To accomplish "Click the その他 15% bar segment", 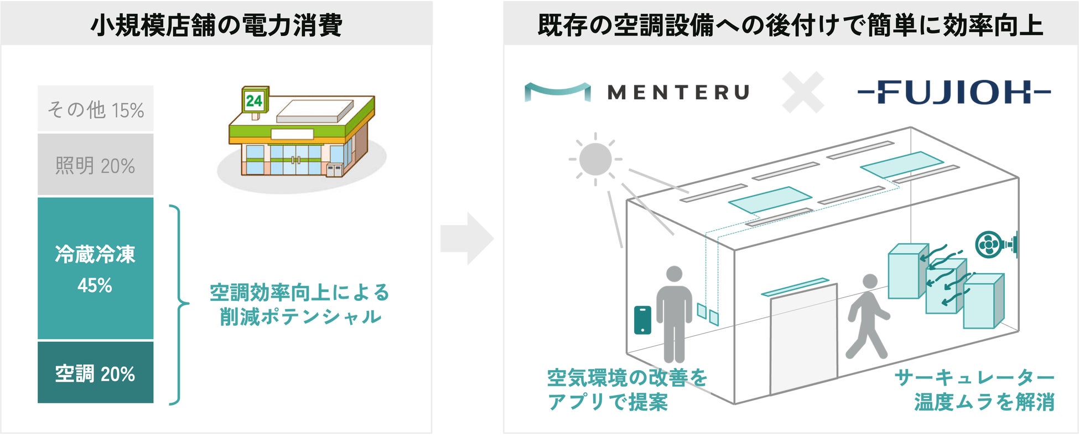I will coord(95,109).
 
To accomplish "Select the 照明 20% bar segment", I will coord(95,165).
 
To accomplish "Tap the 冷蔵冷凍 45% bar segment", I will coord(95,268).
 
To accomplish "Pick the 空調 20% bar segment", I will coord(95,372).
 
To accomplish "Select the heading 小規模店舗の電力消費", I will coord(216,25).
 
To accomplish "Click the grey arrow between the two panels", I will coord(466,238).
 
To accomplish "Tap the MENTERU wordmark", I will coord(678,92).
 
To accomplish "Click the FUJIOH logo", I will coord(954,92).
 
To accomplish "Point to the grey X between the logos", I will coord(803,92).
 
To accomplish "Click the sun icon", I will coord(595,159).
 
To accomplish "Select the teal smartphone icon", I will coord(642,320).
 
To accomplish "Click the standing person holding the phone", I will coord(674,313).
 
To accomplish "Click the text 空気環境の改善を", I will coord(627,378).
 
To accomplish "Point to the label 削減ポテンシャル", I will coord(300,317).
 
